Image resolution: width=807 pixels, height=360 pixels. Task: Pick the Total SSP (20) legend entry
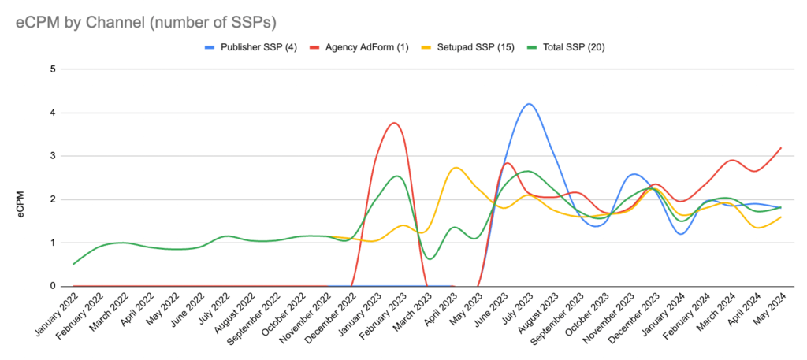(572, 47)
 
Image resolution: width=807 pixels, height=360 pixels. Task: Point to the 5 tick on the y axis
(54, 69)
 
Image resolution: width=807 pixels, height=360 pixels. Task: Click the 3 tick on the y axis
(54, 156)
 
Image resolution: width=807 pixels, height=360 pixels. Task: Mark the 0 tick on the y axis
(54, 286)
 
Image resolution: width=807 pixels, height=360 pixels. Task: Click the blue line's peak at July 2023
(528, 104)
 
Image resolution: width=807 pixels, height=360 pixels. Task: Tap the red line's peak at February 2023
(393, 123)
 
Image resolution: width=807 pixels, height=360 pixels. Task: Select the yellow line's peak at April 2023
(456, 168)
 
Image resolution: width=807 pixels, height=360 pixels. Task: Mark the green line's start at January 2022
(73, 264)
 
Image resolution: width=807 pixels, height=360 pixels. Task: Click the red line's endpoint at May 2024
(780, 147)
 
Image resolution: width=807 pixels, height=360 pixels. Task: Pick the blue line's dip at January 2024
(680, 234)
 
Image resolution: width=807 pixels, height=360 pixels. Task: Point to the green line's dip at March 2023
(428, 258)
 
